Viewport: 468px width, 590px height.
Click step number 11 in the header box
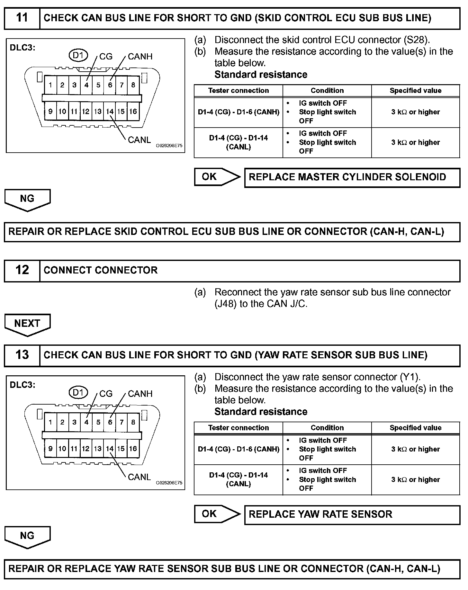(22, 18)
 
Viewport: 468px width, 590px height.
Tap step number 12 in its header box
(22, 270)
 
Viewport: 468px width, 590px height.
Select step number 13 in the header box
(22, 355)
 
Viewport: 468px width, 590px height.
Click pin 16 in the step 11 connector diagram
(133, 112)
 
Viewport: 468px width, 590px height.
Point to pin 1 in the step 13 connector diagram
(50, 422)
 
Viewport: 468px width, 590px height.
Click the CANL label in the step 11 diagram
(139, 140)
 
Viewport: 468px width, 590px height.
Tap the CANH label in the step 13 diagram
(140, 394)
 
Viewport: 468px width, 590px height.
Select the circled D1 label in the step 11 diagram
(78, 56)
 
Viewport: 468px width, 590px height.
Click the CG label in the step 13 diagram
(106, 394)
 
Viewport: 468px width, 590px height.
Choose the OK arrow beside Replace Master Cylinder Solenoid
(217, 177)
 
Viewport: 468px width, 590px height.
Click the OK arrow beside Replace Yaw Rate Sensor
(217, 514)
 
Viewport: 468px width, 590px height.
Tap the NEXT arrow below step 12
(27, 324)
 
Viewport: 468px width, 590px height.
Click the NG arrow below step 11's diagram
(27, 199)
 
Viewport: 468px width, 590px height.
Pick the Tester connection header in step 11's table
(239, 91)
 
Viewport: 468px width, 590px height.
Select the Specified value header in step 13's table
(416, 428)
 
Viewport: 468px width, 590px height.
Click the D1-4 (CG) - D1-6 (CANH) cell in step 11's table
(239, 112)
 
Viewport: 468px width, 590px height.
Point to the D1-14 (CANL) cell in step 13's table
(239, 479)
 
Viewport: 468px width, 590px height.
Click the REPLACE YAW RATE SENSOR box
(352, 514)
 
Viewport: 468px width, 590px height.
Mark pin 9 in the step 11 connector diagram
(50, 112)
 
